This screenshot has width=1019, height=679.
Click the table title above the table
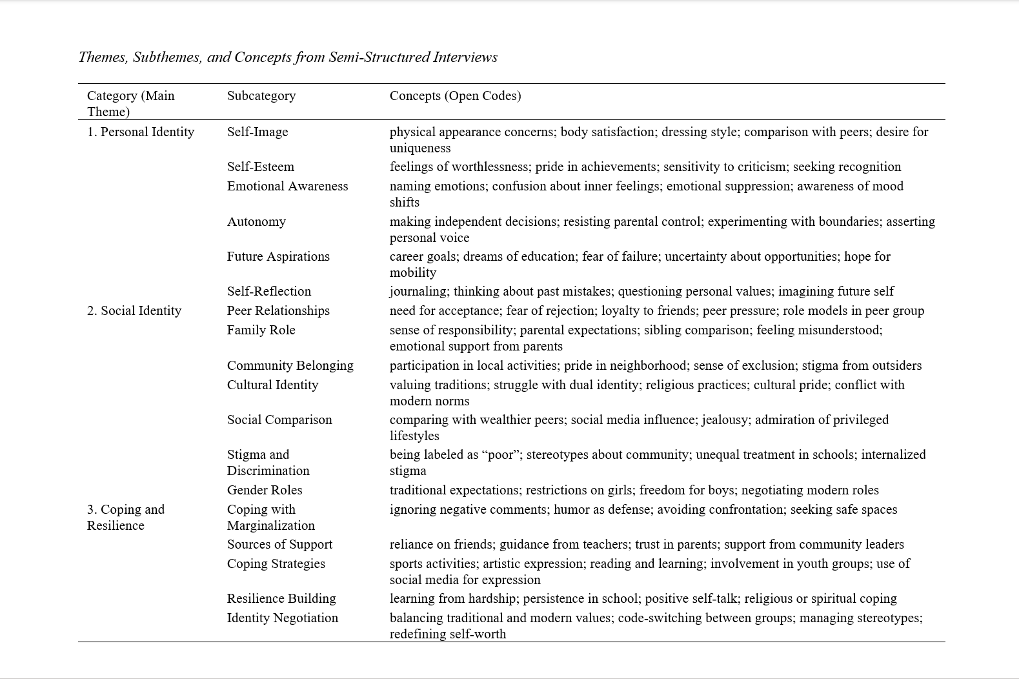[288, 57]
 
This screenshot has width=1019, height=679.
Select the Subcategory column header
[261, 96]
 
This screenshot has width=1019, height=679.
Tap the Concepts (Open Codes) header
[455, 96]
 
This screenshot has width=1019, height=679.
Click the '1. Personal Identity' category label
[141, 132]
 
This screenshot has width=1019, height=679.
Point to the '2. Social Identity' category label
[134, 310]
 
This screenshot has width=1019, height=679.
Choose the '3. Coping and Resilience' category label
[126, 517]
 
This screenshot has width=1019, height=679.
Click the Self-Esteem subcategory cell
[260, 167]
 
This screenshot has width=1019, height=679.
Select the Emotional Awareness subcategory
[287, 186]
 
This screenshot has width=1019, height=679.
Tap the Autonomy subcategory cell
[256, 221]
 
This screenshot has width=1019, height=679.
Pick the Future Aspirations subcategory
[278, 256]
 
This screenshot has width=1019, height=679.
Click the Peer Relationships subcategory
[278, 310]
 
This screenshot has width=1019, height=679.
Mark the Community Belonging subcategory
[290, 365]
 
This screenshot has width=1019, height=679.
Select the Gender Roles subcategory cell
[265, 490]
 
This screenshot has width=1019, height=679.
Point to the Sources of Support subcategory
[279, 544]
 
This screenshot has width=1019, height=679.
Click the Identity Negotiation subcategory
[282, 618]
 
